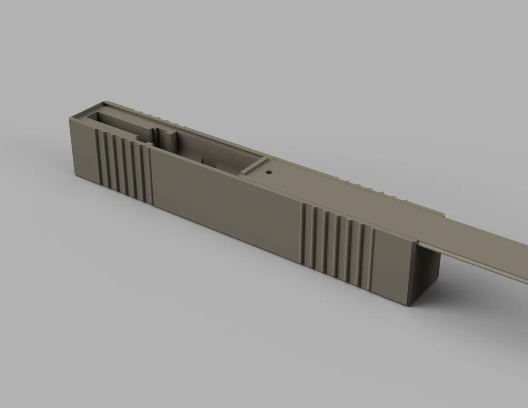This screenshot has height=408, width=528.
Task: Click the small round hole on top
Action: click(269, 173)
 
